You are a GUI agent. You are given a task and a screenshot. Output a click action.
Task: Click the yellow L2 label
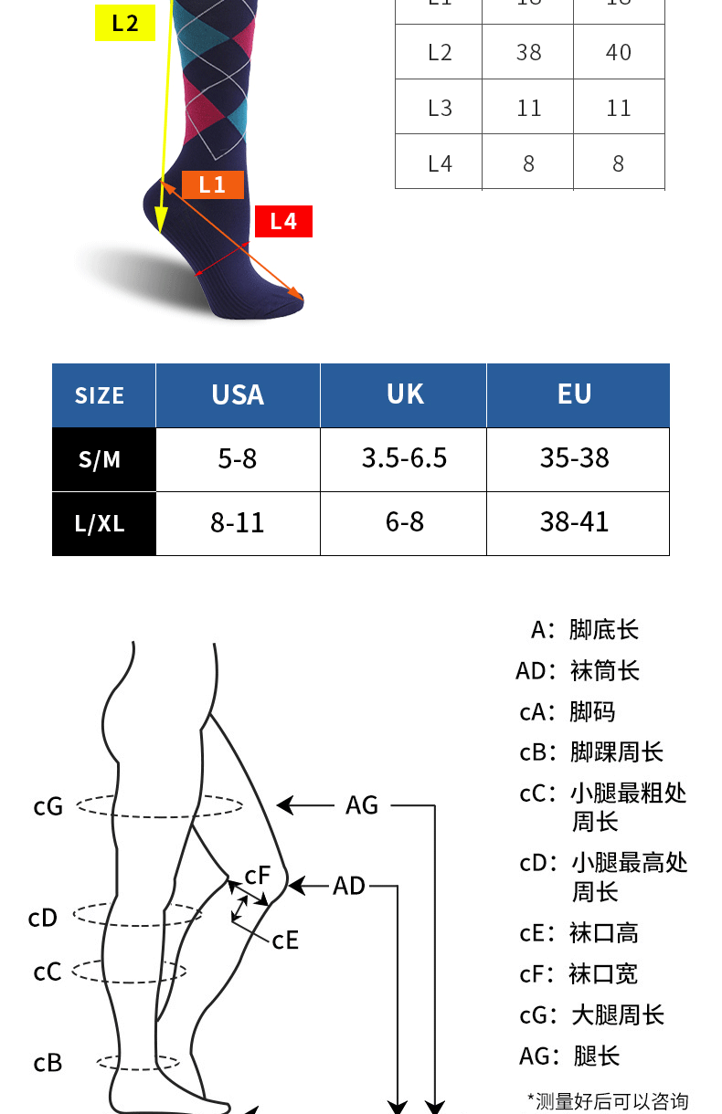[125, 23]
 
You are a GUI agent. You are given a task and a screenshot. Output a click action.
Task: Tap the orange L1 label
[212, 184]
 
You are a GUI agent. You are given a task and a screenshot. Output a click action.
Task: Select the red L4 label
[283, 221]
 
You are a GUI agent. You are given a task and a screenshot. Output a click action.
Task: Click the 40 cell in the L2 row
[619, 53]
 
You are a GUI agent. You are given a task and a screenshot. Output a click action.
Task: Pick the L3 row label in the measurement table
[440, 108]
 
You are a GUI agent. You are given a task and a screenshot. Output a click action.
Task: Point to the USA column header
[238, 394]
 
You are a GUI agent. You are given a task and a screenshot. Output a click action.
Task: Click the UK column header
[405, 394]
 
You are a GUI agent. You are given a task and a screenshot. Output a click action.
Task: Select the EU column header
[575, 394]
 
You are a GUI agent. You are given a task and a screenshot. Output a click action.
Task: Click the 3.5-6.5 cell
[404, 458]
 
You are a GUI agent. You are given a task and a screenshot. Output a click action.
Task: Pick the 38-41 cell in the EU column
[574, 522]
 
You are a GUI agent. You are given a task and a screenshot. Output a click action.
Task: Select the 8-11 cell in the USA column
[238, 523]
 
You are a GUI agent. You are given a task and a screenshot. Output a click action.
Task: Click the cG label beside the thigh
[48, 806]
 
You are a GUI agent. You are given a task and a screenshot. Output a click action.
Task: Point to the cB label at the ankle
[48, 1063]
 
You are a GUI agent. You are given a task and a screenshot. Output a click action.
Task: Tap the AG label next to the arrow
[362, 805]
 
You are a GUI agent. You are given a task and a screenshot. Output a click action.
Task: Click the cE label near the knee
[285, 940]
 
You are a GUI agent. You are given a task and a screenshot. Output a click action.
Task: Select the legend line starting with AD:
[578, 671]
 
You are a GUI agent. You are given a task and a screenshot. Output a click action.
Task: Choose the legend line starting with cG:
[591, 1015]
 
